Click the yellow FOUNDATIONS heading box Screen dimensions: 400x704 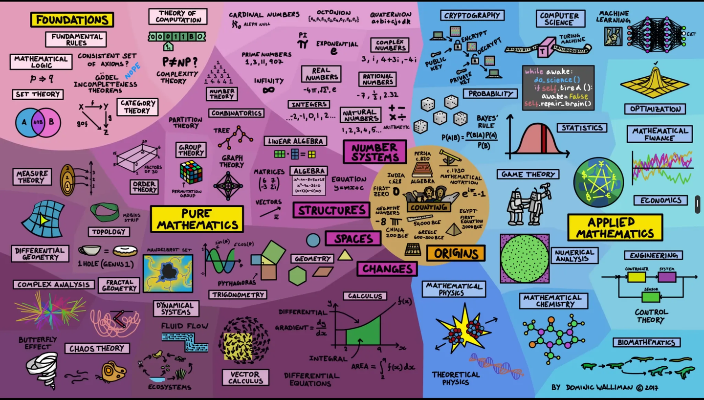(72, 20)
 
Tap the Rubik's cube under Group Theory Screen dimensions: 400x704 (191, 172)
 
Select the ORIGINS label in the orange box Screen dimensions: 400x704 (456, 253)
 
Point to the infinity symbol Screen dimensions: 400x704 (268, 90)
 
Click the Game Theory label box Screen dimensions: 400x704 (528, 174)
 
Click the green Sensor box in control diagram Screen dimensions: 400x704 (651, 296)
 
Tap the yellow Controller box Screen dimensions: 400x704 (637, 277)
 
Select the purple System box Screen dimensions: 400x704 (667, 277)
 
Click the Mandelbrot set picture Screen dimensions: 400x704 (168, 273)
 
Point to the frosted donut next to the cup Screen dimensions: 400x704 (125, 251)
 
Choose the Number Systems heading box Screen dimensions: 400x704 (374, 152)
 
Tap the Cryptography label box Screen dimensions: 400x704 (472, 16)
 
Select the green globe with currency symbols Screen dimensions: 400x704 (598, 182)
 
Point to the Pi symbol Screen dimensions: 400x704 (303, 44)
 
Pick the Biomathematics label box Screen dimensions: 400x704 (646, 342)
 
